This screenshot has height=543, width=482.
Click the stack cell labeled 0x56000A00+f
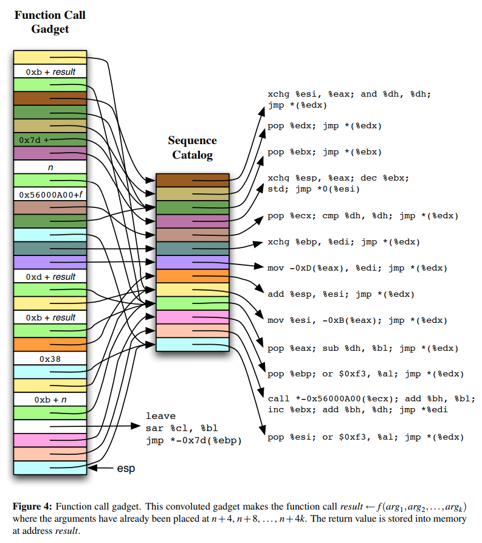(x=50, y=195)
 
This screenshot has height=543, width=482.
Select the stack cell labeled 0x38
(x=50, y=359)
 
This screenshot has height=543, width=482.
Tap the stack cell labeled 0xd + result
(x=50, y=277)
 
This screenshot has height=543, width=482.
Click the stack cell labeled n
(x=50, y=167)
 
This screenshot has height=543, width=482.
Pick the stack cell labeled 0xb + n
(x=50, y=399)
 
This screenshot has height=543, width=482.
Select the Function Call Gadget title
(x=50, y=22)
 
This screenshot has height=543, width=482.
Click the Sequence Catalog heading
(x=192, y=148)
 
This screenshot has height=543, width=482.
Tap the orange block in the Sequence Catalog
(x=192, y=276)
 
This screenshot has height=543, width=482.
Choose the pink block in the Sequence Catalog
(x=192, y=317)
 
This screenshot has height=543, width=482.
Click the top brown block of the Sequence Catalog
(x=192, y=180)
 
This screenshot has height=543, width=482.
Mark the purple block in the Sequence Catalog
(x=192, y=262)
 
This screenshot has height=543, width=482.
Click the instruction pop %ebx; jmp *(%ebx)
(x=325, y=151)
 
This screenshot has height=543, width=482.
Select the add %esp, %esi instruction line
(x=340, y=294)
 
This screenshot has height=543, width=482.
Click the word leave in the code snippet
(x=160, y=416)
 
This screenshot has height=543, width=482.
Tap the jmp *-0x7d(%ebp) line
(x=193, y=440)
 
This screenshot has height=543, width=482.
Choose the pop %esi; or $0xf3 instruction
(x=365, y=437)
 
